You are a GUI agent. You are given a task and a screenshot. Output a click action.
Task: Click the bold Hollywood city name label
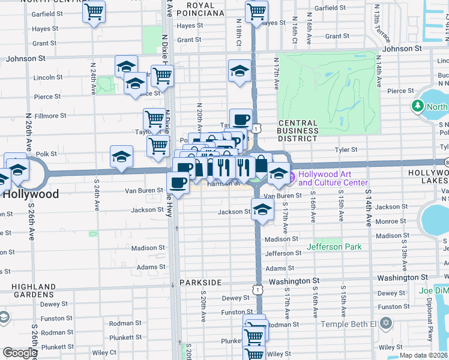[x=31, y=194]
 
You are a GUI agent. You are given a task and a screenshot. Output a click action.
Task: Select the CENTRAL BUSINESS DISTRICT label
[x=298, y=131]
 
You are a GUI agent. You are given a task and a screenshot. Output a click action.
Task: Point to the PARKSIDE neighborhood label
[x=200, y=282]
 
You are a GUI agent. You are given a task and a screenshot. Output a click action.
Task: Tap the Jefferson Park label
[x=334, y=247]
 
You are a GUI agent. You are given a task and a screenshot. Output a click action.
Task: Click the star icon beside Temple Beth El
[x=386, y=324]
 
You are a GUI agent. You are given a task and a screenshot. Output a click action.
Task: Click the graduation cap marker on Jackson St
[x=262, y=209]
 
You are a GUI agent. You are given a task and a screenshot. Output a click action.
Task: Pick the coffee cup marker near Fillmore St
[x=241, y=118]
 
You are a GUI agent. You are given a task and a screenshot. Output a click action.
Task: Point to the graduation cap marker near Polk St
[x=121, y=157]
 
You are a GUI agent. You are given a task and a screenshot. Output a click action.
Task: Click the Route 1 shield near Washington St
[x=257, y=289]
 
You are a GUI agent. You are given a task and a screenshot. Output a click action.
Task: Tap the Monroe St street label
[x=390, y=221]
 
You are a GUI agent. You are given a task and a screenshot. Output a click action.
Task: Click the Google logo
[x=19, y=353]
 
